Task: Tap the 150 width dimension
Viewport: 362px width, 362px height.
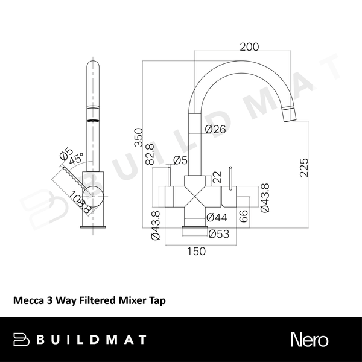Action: (197, 251)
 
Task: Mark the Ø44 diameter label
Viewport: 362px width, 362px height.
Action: (217, 218)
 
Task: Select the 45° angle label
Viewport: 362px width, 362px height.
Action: (75, 161)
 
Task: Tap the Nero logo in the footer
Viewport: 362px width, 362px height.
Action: (310, 339)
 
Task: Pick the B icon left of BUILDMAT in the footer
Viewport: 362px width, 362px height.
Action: (22, 339)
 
